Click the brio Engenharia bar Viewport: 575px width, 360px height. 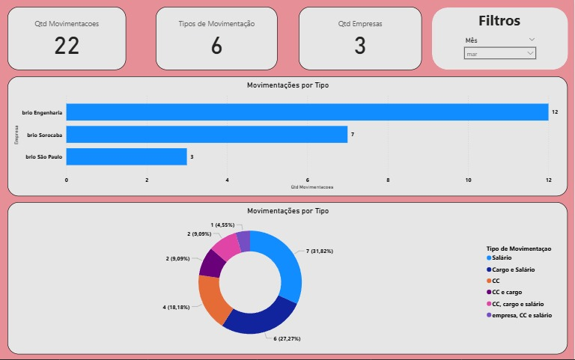point(307,112)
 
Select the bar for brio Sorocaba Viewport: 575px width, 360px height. point(207,135)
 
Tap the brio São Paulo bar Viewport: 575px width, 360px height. point(127,157)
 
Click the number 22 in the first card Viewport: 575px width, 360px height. point(67,46)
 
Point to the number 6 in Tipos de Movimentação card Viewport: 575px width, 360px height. point(216,46)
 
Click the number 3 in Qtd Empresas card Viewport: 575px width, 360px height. point(359,46)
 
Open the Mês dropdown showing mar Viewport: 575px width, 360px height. point(500,54)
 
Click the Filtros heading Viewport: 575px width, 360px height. point(499,21)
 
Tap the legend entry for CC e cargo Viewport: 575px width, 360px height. point(513,292)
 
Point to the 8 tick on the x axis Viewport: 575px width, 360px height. point(388,180)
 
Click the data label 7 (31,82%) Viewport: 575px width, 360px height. point(320,251)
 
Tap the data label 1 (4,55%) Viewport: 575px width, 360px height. point(222,225)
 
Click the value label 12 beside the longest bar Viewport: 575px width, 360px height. point(555,112)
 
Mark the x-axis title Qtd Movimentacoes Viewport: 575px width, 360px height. point(312,186)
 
